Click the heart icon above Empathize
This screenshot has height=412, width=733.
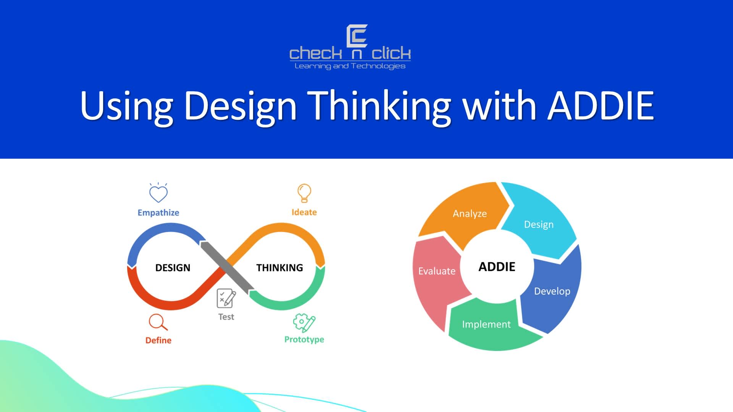(x=158, y=193)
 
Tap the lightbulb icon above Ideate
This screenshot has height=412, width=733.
(x=304, y=193)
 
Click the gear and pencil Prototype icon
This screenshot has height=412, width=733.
(x=304, y=323)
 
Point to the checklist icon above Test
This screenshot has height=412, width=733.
(x=226, y=298)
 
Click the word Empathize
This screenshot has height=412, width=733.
(x=158, y=212)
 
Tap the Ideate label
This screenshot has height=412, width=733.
(x=304, y=212)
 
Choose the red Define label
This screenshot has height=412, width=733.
(x=158, y=340)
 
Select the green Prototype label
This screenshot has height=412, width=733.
(x=304, y=339)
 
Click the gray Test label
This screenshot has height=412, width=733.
(x=226, y=317)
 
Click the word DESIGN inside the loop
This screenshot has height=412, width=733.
(x=173, y=267)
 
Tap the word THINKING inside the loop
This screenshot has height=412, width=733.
(x=279, y=267)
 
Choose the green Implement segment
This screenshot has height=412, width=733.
(x=486, y=324)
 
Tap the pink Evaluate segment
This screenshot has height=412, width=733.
(x=437, y=271)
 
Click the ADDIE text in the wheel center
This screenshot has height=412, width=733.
(x=497, y=267)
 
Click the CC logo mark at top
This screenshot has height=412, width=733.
(x=357, y=36)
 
